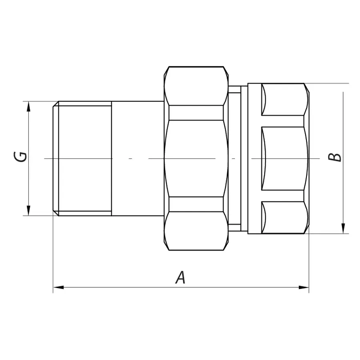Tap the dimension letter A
(x=181, y=277)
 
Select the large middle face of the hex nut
(x=196, y=158)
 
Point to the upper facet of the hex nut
(x=196, y=86)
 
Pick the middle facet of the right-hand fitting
(x=284, y=158)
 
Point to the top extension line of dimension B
(x=328, y=84)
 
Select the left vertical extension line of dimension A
(x=53, y=256)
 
